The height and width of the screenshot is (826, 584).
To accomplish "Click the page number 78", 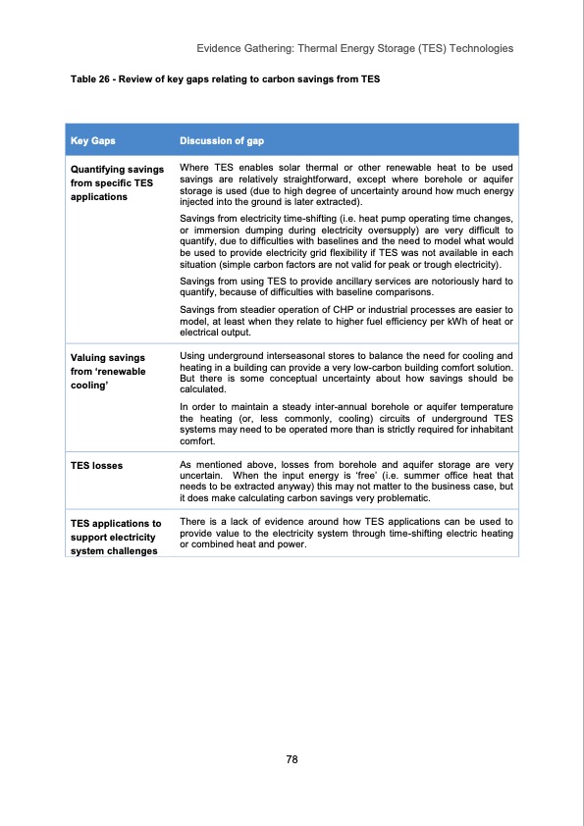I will pos(292,759).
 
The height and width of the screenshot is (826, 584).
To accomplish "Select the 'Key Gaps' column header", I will pos(92,140).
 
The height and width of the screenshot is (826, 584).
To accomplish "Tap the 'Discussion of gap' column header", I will pos(220,140).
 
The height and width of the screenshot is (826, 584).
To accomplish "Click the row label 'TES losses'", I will pos(96,465).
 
